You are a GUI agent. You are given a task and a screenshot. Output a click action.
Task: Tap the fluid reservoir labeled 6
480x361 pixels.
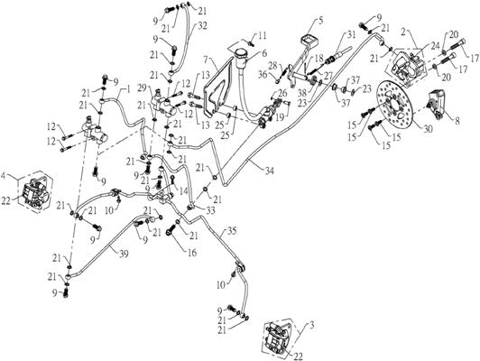click(245, 67)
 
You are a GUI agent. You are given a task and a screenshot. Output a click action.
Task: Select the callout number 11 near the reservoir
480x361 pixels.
click(263, 36)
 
